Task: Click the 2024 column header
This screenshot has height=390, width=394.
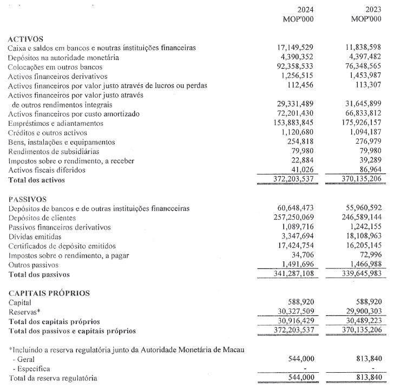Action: pyautogui.click(x=305, y=10)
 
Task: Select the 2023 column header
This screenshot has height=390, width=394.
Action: pyautogui.click(x=373, y=10)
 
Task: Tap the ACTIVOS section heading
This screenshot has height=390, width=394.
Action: pyautogui.click(x=26, y=39)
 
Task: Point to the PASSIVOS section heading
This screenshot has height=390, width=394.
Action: pyautogui.click(x=28, y=199)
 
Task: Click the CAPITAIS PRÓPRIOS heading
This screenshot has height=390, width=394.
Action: pyautogui.click(x=49, y=293)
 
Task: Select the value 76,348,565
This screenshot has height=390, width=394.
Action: pyautogui.click(x=363, y=67)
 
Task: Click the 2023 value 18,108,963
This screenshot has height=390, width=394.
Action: pyautogui.click(x=363, y=237)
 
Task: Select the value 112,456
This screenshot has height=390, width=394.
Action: pyautogui.click(x=300, y=85)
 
